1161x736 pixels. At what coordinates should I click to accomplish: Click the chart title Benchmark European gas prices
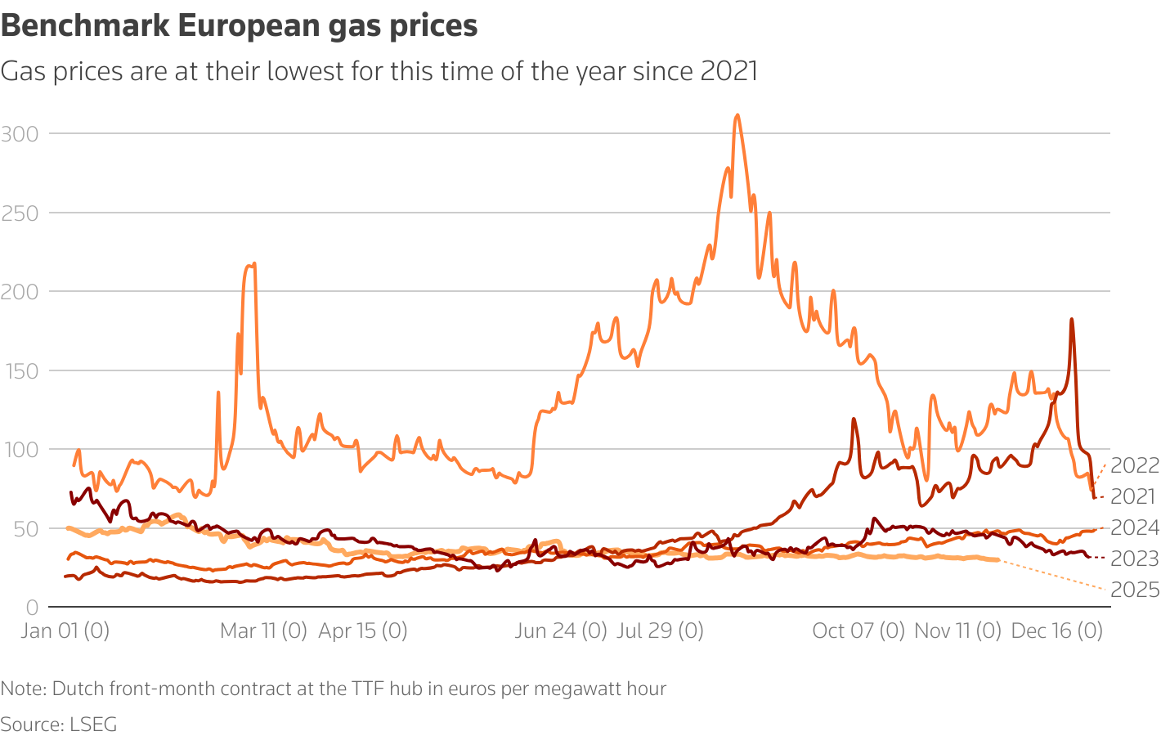coord(239,26)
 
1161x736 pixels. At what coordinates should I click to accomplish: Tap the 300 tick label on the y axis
coord(20,134)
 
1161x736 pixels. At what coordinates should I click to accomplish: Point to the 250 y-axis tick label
coord(20,213)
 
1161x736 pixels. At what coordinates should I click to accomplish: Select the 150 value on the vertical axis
coord(20,371)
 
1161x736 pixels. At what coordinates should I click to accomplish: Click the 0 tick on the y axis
coord(32,608)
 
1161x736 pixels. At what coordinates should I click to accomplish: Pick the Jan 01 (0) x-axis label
coord(65,631)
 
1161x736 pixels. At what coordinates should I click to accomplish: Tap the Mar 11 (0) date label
coord(263,631)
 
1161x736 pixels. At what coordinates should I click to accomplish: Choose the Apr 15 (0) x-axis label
coord(362,631)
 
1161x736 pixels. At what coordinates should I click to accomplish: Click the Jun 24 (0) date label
coord(561,631)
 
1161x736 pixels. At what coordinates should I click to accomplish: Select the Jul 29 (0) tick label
coord(660,631)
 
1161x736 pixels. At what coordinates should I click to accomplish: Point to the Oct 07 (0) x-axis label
coord(858,631)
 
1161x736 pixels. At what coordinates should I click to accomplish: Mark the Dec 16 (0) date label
coord(1057,631)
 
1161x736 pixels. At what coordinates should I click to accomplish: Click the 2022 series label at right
coord(1135,465)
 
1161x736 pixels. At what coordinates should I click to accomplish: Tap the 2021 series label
coord(1133,496)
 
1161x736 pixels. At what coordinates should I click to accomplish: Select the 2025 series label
coord(1135,590)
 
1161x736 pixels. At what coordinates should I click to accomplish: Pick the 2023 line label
coord(1135,559)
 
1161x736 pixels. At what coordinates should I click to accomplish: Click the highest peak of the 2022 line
coord(737,115)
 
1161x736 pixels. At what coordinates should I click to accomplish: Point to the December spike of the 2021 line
coord(1071,320)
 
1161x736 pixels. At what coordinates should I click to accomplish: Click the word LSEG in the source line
coord(93,725)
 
